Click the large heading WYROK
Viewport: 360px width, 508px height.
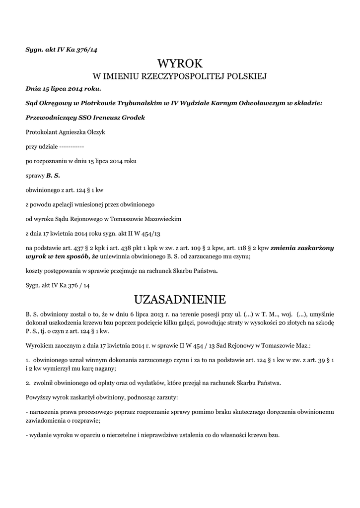(180, 63)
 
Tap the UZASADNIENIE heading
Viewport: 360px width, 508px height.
(180, 300)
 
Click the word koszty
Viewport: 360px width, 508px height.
(35, 271)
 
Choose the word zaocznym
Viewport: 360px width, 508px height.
(67, 345)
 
